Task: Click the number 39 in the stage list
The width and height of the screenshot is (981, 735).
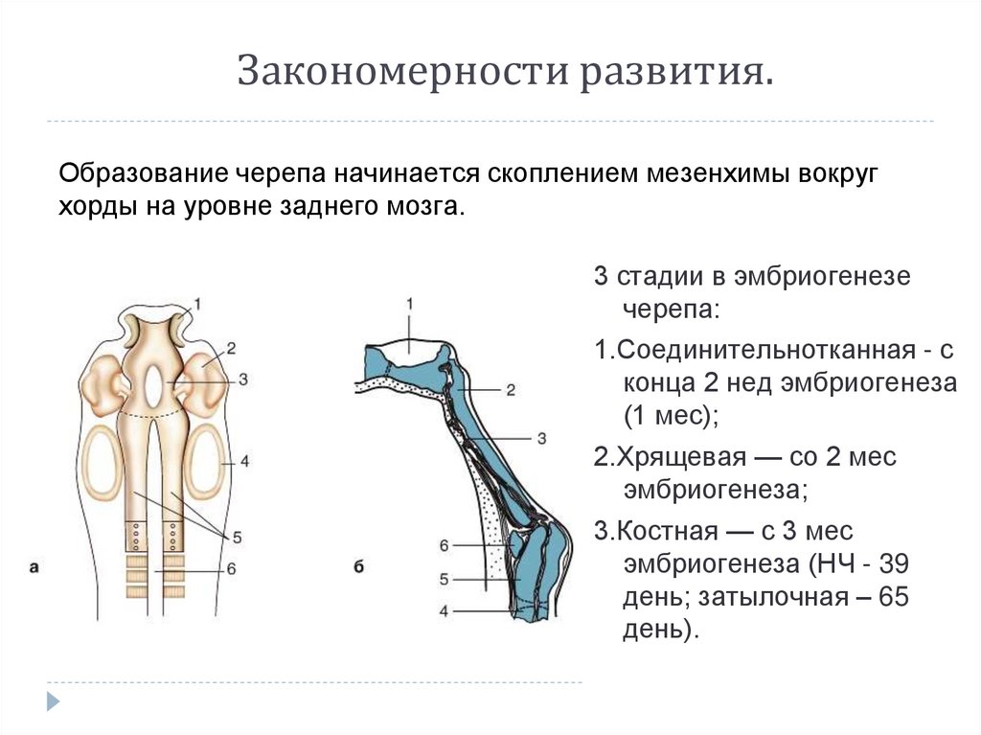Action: click(892, 563)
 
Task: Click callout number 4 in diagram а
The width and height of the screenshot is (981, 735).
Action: click(244, 462)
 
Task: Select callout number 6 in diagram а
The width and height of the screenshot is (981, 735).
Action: click(231, 569)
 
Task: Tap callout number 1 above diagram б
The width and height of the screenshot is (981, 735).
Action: click(409, 304)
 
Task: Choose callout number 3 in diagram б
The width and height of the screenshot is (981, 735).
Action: click(541, 438)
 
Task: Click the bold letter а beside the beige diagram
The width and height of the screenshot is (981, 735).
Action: click(34, 567)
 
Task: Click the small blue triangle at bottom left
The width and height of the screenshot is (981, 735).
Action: click(54, 701)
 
